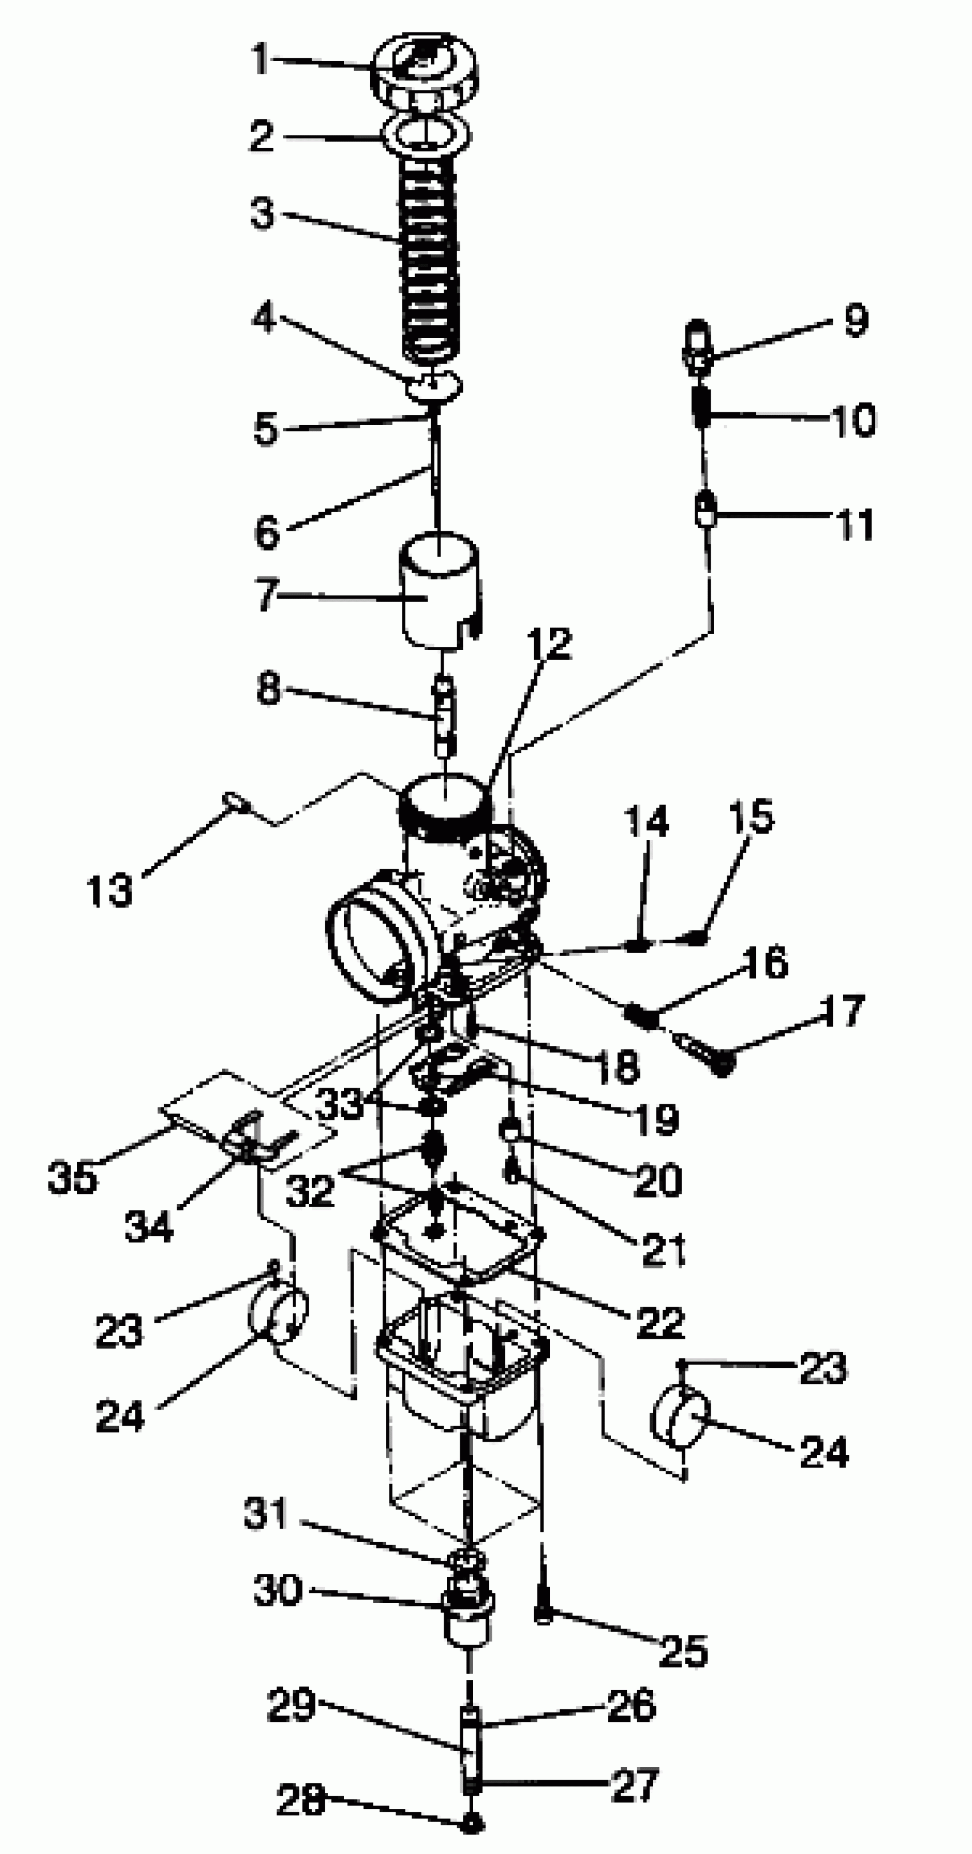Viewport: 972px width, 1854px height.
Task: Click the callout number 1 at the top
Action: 261,58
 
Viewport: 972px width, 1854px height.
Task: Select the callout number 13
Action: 109,890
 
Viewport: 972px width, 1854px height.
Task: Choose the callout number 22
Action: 660,1322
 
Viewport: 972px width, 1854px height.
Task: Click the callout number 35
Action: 72,1178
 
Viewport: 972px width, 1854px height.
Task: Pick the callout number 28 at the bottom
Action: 301,1801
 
